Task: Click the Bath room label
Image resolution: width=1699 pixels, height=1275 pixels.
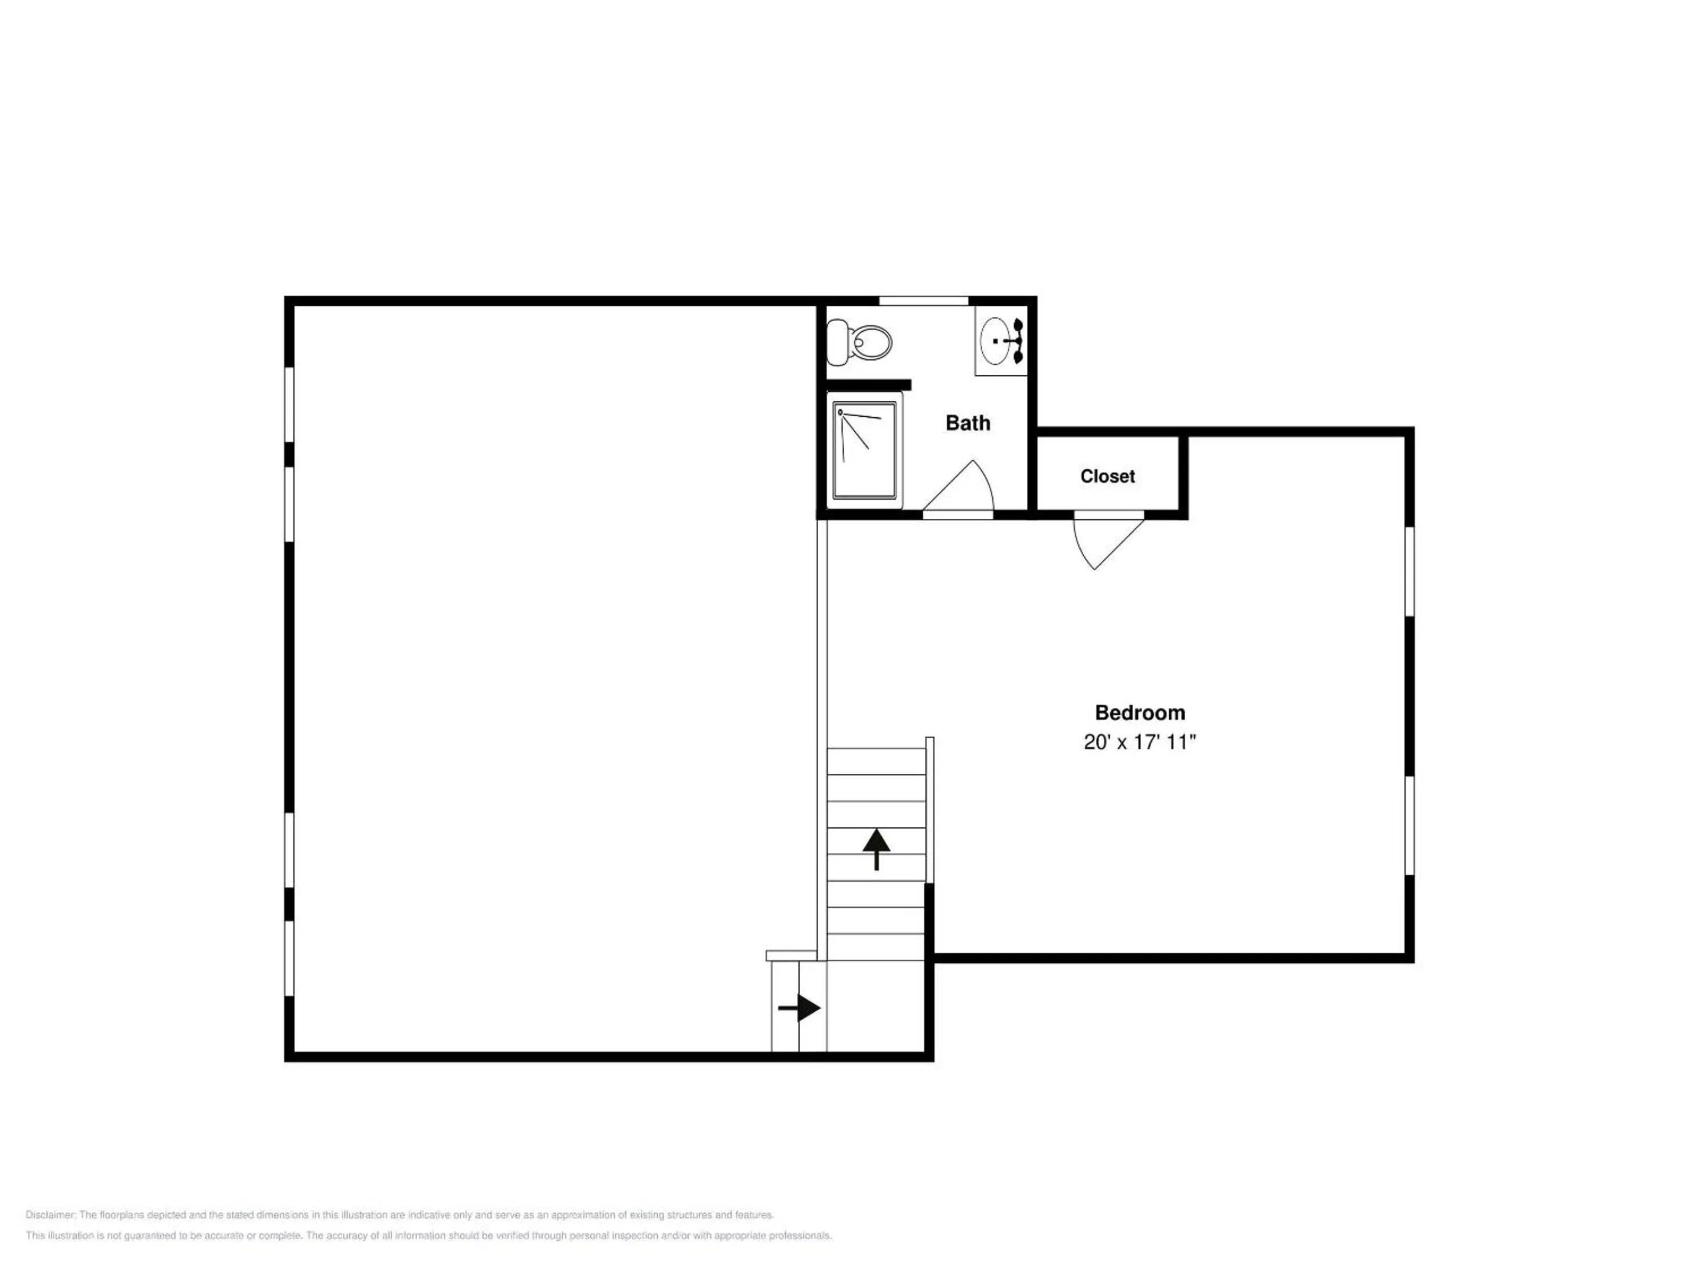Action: click(968, 423)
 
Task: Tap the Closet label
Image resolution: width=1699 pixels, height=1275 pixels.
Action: click(1107, 476)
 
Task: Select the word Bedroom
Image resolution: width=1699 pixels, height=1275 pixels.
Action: click(1140, 712)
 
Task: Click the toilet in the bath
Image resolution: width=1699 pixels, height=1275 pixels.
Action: click(860, 342)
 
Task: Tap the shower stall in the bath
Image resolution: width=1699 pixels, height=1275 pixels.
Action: click(864, 450)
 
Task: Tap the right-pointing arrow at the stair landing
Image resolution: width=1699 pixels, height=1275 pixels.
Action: click(799, 1008)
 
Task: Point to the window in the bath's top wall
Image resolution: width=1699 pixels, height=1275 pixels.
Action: click(923, 300)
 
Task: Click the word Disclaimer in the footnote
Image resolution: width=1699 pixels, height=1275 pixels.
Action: click(50, 1215)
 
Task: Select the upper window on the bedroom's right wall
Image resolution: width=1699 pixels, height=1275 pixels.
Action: click(1409, 570)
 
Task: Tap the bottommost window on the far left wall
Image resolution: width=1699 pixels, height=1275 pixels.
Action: click(290, 959)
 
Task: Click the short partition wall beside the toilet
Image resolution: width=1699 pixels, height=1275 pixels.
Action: click(869, 385)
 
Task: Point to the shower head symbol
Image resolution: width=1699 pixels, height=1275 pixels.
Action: click(840, 413)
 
